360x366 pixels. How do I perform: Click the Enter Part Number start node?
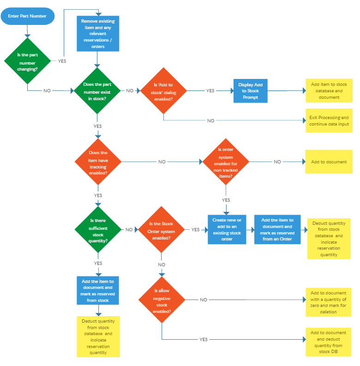[x=28, y=16]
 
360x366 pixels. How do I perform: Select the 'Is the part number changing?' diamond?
[x=28, y=60]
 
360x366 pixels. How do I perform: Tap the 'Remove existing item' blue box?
[x=98, y=34]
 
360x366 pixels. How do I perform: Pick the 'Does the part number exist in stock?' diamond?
[x=97, y=91]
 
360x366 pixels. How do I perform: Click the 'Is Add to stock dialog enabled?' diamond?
[x=163, y=91]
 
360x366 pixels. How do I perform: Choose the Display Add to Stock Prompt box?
[x=251, y=91]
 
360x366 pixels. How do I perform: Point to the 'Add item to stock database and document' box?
[x=329, y=90]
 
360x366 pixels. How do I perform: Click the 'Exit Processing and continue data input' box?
[x=329, y=120]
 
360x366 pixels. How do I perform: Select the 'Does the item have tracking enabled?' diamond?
[x=98, y=162]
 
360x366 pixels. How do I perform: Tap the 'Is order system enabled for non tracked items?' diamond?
[x=226, y=162]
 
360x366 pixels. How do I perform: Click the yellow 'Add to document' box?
[x=329, y=162]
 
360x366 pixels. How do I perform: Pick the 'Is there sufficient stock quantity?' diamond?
[x=98, y=229]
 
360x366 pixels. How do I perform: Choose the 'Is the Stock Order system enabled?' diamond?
[x=162, y=229]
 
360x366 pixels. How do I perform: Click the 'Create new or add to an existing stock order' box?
[x=227, y=229]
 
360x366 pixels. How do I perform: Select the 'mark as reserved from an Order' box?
[x=277, y=229]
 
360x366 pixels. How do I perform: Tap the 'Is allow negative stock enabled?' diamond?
[x=162, y=300]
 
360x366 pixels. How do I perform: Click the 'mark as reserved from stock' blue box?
[x=98, y=291]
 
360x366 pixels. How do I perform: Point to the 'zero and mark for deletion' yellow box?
[x=328, y=302]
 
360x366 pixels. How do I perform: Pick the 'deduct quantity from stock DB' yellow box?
[x=328, y=342]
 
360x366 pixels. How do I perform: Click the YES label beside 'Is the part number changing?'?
[x=62, y=61]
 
